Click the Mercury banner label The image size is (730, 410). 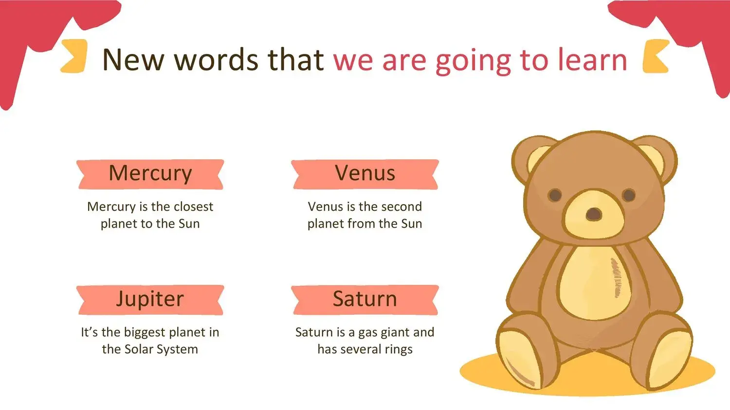[x=150, y=174]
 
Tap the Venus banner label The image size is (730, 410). [x=365, y=174]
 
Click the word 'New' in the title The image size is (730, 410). [x=133, y=60]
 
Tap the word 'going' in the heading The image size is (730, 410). [x=473, y=61]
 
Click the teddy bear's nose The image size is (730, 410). [x=593, y=214]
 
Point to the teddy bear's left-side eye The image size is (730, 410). [x=555, y=195]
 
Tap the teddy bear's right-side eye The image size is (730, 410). [x=629, y=195]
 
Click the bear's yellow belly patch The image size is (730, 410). [x=595, y=282]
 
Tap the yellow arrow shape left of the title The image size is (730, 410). [x=74, y=56]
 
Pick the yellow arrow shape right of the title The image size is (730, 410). [x=656, y=56]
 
